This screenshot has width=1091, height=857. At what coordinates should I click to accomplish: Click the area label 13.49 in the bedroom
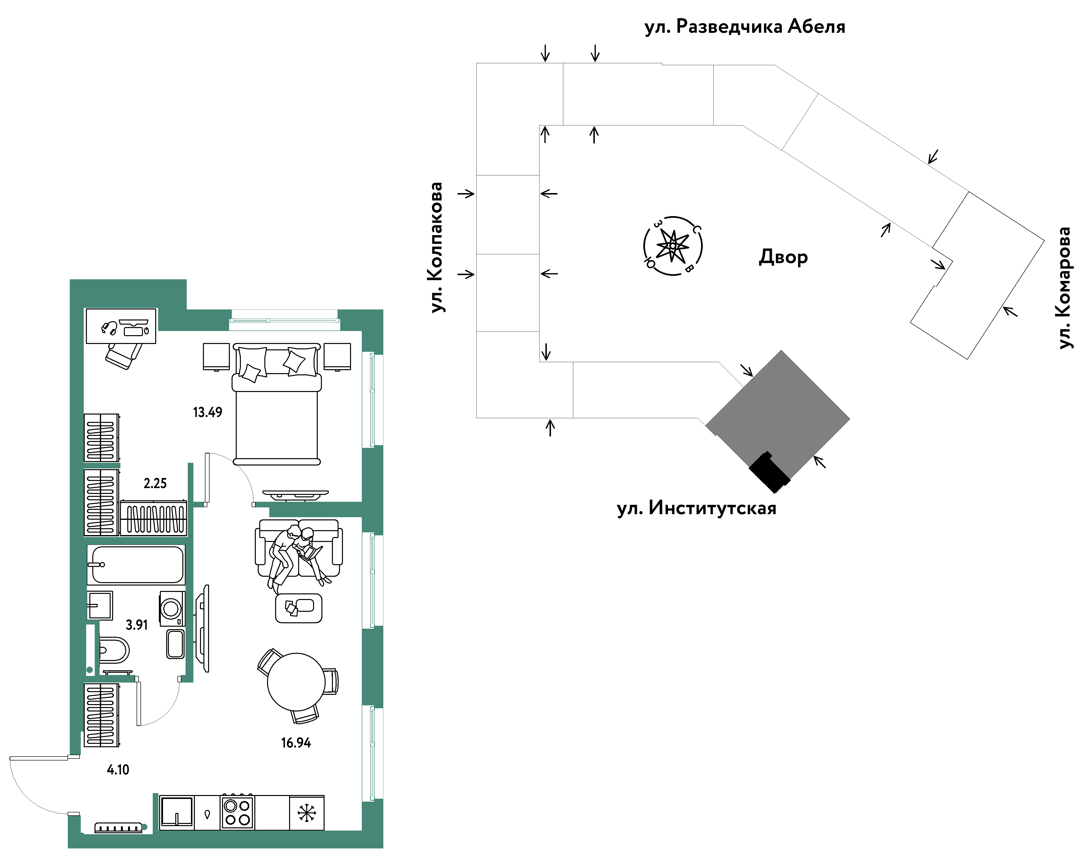tap(208, 412)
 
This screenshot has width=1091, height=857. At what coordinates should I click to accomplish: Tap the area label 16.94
tap(296, 743)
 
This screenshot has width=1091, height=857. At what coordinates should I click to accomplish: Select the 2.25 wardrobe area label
tap(155, 483)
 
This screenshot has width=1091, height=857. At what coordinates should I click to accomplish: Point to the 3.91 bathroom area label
tap(137, 625)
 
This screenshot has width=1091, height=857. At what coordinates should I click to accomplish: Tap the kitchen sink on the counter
tap(176, 812)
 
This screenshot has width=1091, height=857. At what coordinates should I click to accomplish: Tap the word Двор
tap(783, 257)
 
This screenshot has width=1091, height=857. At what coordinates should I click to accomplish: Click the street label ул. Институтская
tap(696, 508)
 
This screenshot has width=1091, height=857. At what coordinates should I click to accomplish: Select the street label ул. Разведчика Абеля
tap(745, 27)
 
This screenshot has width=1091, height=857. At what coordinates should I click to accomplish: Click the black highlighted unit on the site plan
tap(769, 472)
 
